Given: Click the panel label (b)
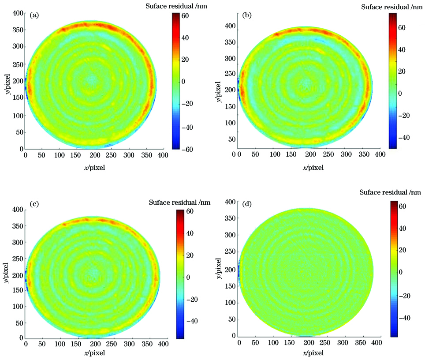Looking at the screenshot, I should pos(247,15).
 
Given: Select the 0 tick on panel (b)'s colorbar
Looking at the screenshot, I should pos(402,93).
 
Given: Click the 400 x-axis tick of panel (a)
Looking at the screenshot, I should pos(163,156).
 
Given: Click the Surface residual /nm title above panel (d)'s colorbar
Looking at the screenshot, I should pos(391,192).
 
